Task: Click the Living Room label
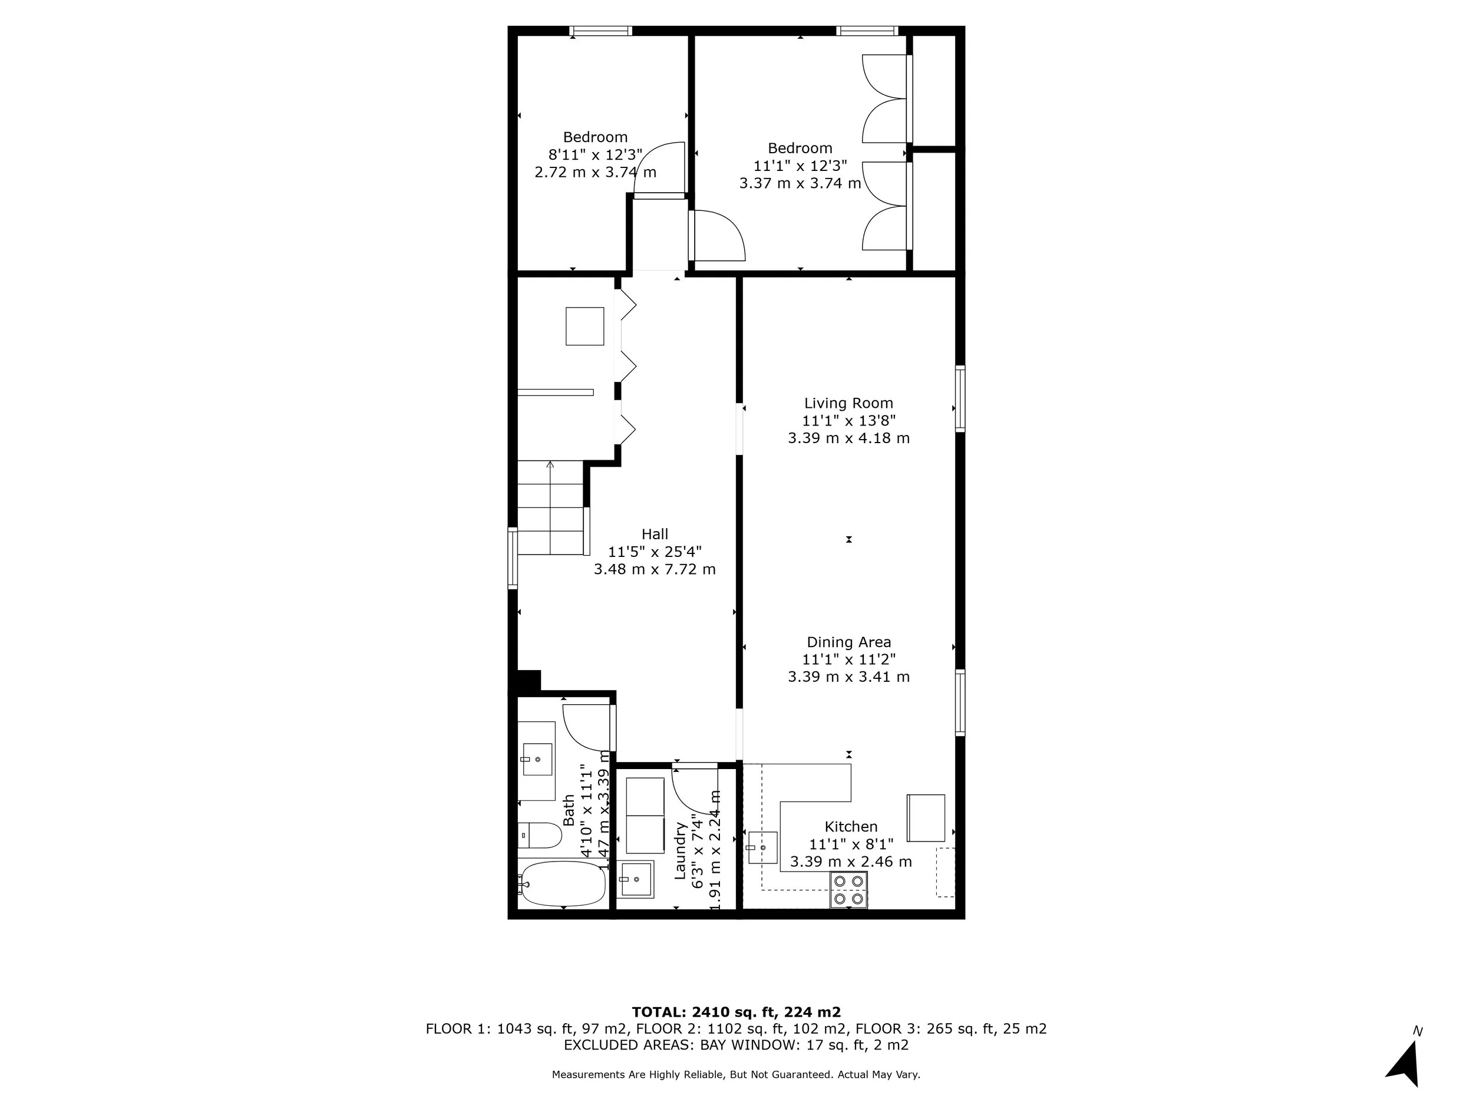[848, 403]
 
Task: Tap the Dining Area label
[848, 642]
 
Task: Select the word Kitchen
[850, 827]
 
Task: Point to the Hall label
[655, 533]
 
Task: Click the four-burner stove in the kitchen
[848, 890]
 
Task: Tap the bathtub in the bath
[563, 884]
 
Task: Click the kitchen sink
[762, 847]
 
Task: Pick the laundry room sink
[636, 879]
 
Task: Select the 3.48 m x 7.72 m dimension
[655, 569]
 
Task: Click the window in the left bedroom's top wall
[600, 31]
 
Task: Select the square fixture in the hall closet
[584, 326]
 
